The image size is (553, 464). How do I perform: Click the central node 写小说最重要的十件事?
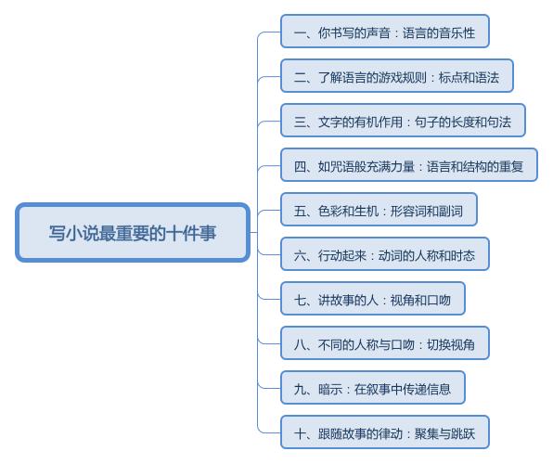(x=133, y=233)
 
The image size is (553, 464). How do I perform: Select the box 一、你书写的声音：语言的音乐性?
(x=385, y=32)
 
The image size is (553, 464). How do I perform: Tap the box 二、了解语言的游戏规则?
(x=397, y=76)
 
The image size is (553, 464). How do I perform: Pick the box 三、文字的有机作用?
(x=403, y=121)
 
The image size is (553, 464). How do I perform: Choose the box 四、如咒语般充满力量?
(x=409, y=165)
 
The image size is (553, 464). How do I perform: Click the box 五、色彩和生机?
(x=379, y=210)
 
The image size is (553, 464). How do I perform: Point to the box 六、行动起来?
(x=385, y=254)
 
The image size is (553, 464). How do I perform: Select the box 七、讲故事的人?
(x=373, y=299)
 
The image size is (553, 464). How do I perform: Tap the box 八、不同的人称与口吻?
(x=385, y=343)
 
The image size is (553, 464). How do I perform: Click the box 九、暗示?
(x=373, y=388)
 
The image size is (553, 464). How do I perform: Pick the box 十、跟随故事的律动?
(x=385, y=432)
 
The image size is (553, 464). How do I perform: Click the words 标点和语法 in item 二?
(x=469, y=77)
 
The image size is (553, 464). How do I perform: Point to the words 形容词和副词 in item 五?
(x=427, y=211)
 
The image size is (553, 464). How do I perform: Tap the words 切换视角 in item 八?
(x=451, y=344)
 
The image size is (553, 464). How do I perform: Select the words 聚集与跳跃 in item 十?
(x=444, y=433)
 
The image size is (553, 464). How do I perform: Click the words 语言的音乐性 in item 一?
(x=439, y=32)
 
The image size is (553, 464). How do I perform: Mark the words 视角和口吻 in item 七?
(x=420, y=300)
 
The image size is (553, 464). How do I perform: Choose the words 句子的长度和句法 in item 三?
(x=463, y=122)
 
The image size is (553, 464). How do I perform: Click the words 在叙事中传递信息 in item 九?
(x=403, y=389)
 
